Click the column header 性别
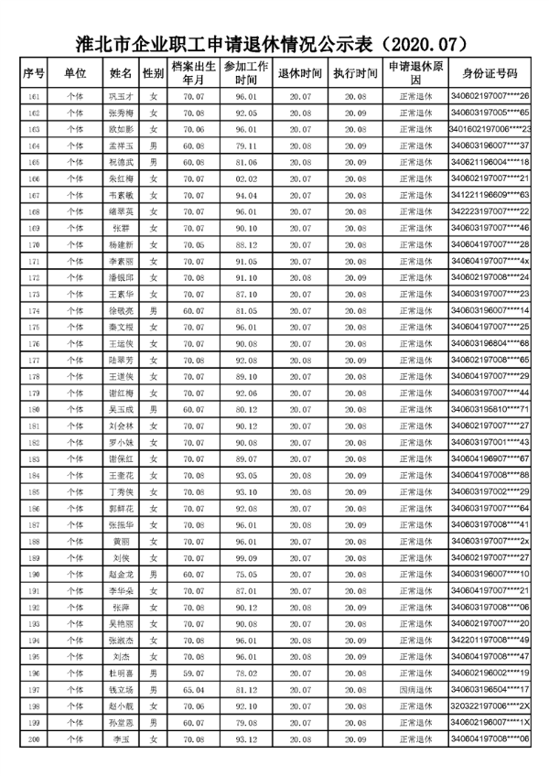(x=154, y=73)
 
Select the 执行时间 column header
(x=355, y=73)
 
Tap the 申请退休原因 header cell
(x=415, y=73)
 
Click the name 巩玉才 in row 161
(x=121, y=96)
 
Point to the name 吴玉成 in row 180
(x=121, y=409)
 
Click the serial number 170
(x=35, y=244)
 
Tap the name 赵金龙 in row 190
(x=121, y=574)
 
